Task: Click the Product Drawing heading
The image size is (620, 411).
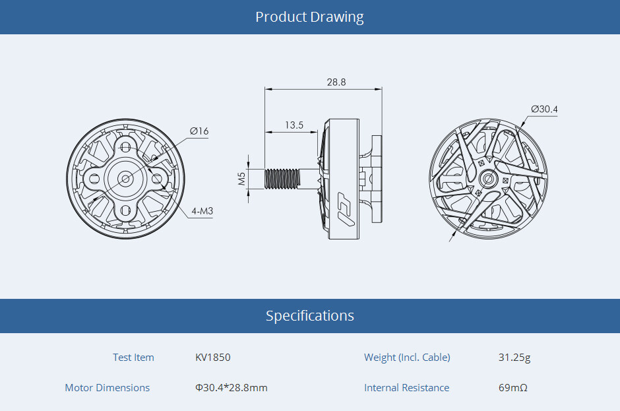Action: tap(309, 16)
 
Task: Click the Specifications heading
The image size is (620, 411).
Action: tap(309, 315)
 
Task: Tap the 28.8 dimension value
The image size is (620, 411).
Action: tap(336, 82)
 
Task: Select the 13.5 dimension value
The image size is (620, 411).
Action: tap(294, 125)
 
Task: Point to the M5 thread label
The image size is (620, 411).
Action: tap(242, 178)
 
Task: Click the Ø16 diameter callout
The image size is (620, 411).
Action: tap(199, 131)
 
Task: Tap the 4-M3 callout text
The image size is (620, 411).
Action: tap(202, 211)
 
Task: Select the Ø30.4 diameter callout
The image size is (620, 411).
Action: tap(544, 109)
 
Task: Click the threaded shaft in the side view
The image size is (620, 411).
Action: tap(282, 178)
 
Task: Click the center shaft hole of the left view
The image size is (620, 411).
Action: tap(125, 178)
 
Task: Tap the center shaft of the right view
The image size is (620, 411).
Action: tap(489, 178)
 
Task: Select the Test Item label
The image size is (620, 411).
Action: tap(133, 358)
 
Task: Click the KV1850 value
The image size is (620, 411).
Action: tap(213, 358)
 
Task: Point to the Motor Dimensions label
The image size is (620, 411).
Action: tap(108, 388)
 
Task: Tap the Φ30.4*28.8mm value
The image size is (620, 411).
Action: tap(232, 388)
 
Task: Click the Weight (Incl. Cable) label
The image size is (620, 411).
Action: tap(407, 358)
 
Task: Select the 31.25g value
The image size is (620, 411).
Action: tap(514, 358)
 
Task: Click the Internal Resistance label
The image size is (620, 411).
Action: tap(406, 388)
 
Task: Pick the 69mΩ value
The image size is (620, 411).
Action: tap(513, 388)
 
